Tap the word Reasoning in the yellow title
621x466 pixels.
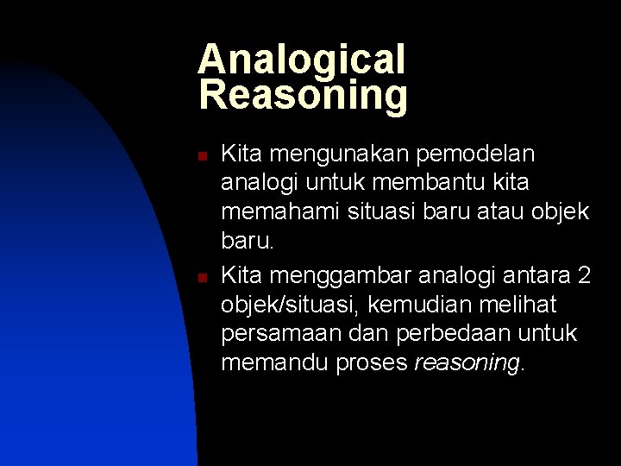303,95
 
